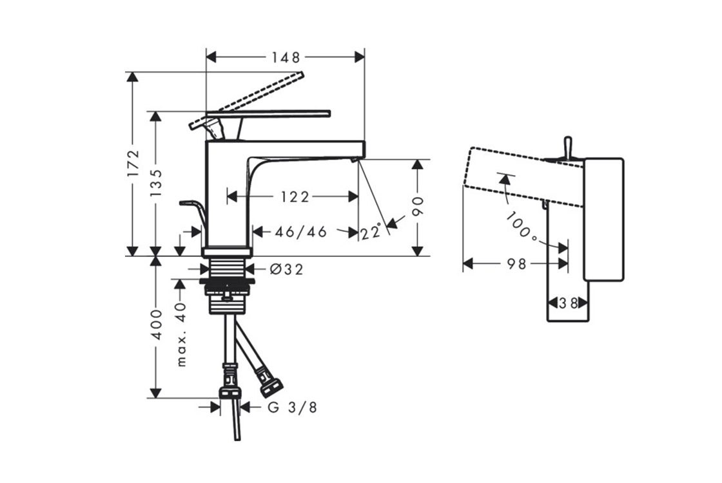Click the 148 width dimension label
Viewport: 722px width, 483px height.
tap(286, 57)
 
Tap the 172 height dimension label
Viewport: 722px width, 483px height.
tap(133, 164)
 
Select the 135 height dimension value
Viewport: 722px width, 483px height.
tap(155, 183)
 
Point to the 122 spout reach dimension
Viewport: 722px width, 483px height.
tap(295, 197)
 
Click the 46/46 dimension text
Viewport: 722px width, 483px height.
tap(300, 231)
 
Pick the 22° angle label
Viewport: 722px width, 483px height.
tap(371, 232)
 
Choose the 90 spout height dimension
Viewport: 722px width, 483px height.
tap(418, 207)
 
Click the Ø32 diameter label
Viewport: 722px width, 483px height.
tap(286, 269)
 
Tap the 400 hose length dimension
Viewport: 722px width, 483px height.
tap(157, 325)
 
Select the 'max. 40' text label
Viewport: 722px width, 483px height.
tap(181, 334)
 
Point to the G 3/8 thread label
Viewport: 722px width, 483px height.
tap(293, 407)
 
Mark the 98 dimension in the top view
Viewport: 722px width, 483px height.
tap(516, 264)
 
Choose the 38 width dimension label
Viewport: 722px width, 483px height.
tap(568, 303)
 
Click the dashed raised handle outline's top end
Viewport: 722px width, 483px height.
tap(302, 73)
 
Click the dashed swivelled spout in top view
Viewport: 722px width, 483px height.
tap(525, 177)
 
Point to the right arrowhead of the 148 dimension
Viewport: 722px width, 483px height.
tap(359, 57)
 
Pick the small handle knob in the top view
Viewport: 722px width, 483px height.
tap(568, 147)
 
